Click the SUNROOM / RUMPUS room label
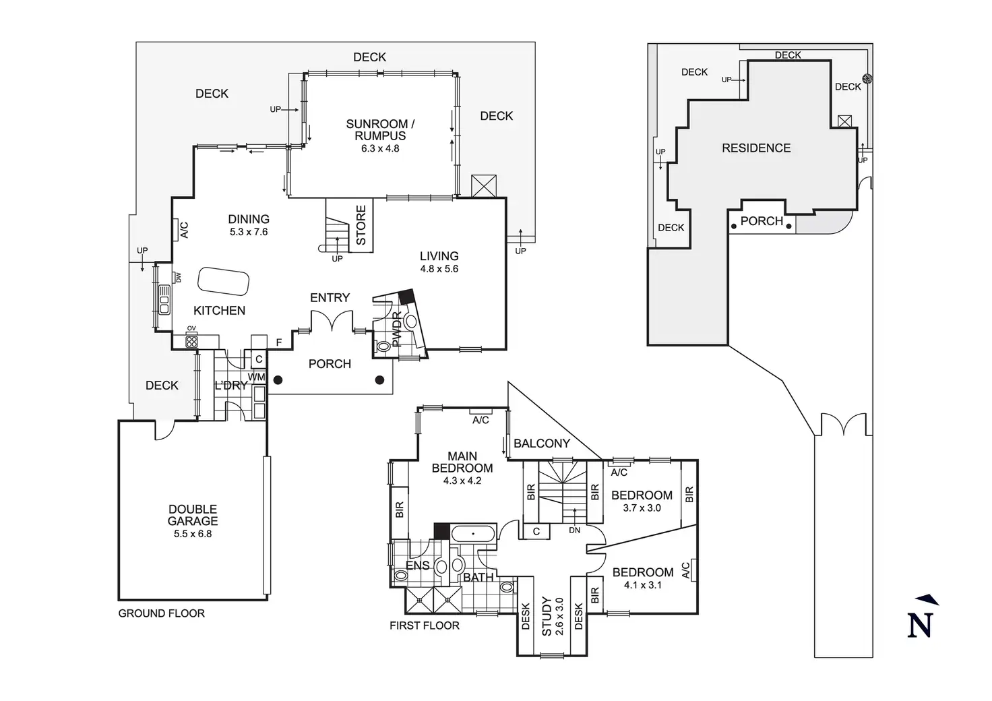click(x=380, y=129)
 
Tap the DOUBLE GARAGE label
click(x=193, y=515)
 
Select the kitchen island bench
click(x=223, y=281)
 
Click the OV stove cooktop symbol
click(x=191, y=342)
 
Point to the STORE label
click(x=361, y=225)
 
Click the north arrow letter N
click(x=921, y=625)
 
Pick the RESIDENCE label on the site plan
click(x=756, y=148)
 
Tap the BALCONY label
click(x=542, y=444)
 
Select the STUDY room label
click(x=547, y=617)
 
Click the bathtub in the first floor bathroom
click(x=473, y=534)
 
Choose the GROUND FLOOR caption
click(x=162, y=613)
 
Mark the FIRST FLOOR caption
click(x=425, y=626)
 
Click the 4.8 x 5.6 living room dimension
click(x=439, y=269)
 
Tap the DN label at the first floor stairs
click(x=574, y=530)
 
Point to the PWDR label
click(x=396, y=330)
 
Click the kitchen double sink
click(x=164, y=300)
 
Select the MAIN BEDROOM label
click(x=462, y=462)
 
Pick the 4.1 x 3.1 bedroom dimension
click(x=643, y=585)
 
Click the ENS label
click(x=418, y=566)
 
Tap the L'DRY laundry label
click(x=230, y=386)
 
